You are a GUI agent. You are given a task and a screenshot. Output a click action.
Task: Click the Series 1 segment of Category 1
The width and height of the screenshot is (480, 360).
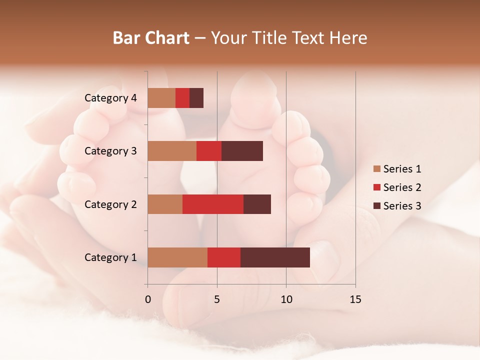[x=177, y=257]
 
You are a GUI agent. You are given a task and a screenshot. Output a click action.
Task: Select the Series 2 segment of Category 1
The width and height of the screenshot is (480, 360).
[x=224, y=257]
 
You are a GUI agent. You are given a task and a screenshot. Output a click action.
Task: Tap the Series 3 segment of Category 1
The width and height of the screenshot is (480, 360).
[x=275, y=257]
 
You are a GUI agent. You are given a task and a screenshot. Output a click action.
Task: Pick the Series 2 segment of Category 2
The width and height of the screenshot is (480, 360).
[x=213, y=204]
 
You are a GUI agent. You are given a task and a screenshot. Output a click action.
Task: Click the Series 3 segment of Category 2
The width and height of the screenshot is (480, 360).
[x=257, y=204]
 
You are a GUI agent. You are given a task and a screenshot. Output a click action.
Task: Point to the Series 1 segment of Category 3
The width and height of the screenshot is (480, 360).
[x=172, y=150]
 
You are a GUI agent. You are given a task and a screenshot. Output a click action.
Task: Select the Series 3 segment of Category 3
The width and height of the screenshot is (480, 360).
[x=242, y=150]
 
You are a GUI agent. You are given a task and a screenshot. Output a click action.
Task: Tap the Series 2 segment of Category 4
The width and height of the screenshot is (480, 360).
[x=182, y=97]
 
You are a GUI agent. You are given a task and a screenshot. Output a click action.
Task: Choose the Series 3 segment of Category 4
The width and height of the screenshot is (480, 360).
[x=196, y=97]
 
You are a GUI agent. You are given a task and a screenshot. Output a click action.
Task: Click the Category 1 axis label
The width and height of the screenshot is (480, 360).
[x=110, y=257]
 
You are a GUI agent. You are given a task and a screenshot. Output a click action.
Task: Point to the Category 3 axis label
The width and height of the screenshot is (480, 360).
[x=110, y=151]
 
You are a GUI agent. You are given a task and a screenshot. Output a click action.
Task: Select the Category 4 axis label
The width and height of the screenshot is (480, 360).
[x=110, y=98]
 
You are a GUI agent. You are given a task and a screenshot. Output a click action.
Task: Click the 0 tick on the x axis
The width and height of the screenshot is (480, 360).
[x=148, y=299]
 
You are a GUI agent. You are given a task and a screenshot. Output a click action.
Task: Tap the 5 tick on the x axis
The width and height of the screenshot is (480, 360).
[x=217, y=299]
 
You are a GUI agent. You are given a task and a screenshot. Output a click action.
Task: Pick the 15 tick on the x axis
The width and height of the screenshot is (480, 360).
[x=355, y=299]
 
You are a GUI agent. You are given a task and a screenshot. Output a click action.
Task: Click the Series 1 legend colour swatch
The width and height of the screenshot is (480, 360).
[x=377, y=169]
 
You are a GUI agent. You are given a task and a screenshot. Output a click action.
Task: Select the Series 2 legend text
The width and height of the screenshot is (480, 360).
[x=402, y=187]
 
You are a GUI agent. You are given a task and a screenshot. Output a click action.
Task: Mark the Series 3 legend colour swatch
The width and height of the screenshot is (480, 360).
[x=377, y=206]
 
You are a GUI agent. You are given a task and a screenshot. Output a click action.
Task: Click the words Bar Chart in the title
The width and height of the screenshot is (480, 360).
[x=151, y=38]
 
